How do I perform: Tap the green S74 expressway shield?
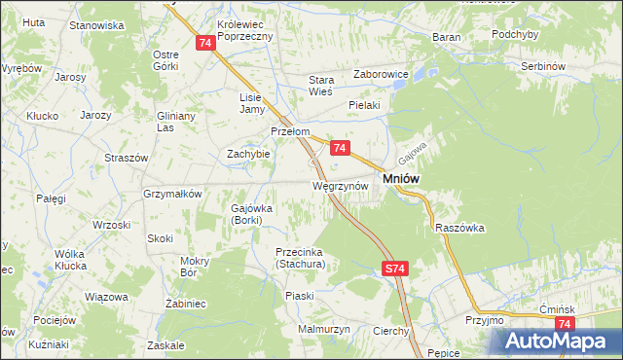393,269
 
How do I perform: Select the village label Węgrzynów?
340,185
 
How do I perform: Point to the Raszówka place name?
460,227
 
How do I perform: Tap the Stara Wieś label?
321,87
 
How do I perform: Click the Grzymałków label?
172,194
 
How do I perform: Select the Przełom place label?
290,132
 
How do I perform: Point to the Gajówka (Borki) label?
252,214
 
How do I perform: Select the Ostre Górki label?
166,60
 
